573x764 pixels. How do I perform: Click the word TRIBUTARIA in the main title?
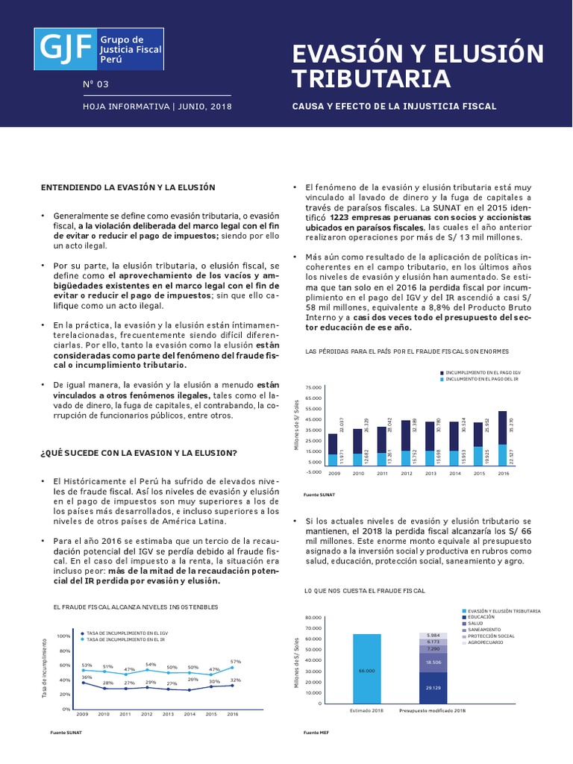(370, 78)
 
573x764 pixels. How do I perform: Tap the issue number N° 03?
(95, 84)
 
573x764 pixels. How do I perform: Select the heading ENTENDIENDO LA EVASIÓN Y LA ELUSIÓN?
(128, 187)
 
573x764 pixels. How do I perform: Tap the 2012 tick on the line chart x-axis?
(147, 713)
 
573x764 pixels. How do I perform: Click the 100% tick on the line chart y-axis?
(63, 636)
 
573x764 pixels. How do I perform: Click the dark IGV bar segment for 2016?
(502, 428)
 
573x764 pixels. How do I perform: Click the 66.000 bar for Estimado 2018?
(366, 670)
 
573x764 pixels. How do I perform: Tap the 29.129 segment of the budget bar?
(433, 687)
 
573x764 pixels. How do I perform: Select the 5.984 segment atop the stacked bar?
(433, 635)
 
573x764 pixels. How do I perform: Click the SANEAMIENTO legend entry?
(486, 630)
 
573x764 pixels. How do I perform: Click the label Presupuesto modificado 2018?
(433, 710)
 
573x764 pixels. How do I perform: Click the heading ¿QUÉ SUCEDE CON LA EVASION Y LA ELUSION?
(139, 453)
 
